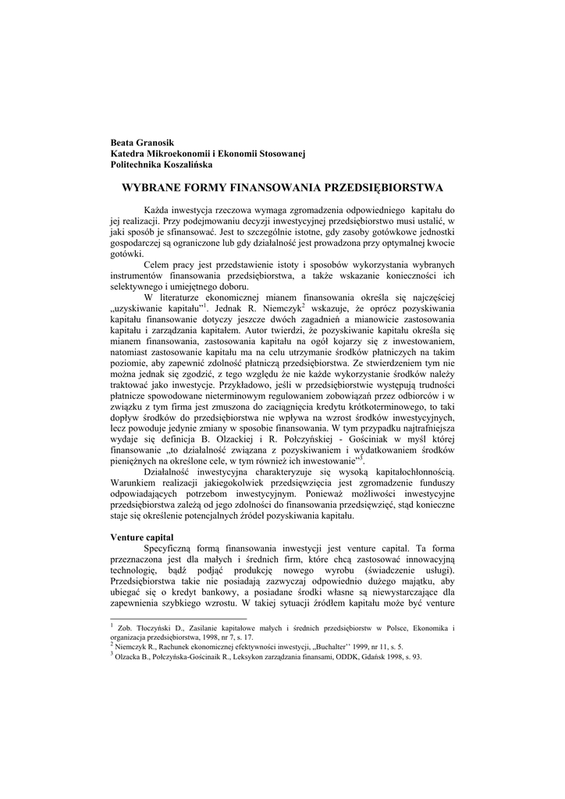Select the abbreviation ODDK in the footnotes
tap(346, 657)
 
